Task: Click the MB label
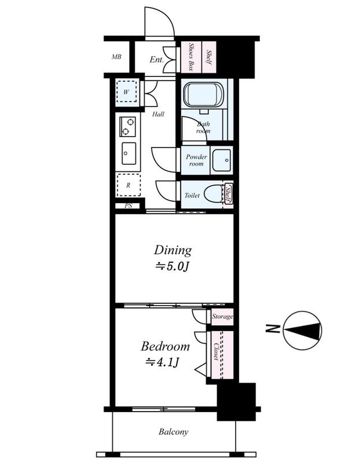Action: (x=116, y=57)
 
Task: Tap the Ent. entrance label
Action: (x=156, y=60)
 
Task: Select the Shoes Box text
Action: (x=191, y=57)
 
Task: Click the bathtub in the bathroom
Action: (x=204, y=94)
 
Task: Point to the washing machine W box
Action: (x=126, y=92)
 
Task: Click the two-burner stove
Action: (x=127, y=126)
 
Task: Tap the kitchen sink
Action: (x=128, y=153)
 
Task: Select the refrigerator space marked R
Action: (x=128, y=185)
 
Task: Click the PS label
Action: (x=128, y=205)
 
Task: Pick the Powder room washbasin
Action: (x=222, y=160)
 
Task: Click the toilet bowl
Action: (x=214, y=194)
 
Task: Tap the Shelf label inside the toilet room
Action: (x=228, y=194)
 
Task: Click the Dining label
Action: (x=172, y=251)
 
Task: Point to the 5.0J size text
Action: (x=172, y=267)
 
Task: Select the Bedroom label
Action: (x=165, y=346)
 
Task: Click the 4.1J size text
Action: (x=163, y=362)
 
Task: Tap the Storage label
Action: (x=222, y=317)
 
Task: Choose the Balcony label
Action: (x=174, y=432)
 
